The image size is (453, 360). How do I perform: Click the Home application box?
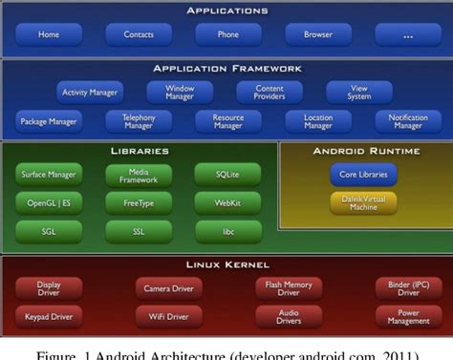coord(49,34)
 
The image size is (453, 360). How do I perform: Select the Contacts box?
coord(139,34)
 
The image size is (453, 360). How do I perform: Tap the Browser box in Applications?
coord(318,34)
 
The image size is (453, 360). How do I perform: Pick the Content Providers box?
coord(270,93)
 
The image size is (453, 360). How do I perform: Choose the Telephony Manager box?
coord(138,121)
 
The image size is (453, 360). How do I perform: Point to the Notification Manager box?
coord(408,121)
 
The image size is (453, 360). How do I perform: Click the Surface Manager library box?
coord(49,174)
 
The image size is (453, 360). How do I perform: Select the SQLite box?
coord(226,174)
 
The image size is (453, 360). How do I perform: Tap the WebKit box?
coord(226,202)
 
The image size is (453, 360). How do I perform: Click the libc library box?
coord(226,230)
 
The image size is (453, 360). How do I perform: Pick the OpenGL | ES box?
coord(49,202)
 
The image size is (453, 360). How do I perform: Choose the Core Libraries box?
coord(363,175)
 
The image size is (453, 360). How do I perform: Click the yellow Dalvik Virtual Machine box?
coord(363,202)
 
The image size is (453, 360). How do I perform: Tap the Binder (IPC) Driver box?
coord(406,287)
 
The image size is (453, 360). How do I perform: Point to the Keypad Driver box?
coord(49,316)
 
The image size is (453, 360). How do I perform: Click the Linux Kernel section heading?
coord(226,264)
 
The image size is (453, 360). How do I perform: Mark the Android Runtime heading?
coord(363,151)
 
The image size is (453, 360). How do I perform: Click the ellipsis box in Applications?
coord(408,34)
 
